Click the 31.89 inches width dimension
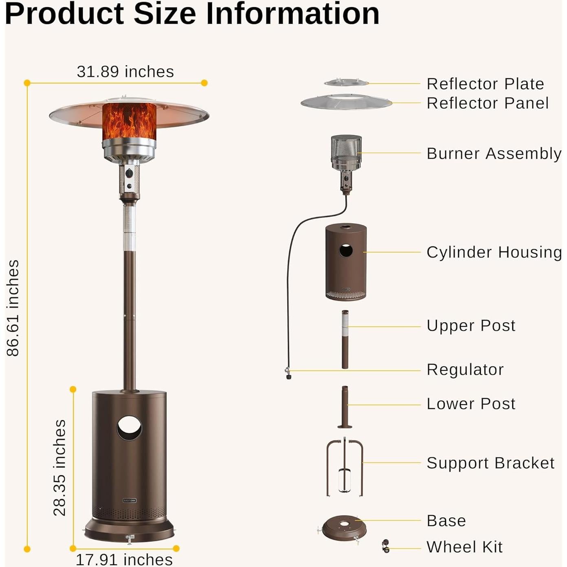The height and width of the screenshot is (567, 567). [125, 72]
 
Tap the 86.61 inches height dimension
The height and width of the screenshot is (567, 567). [13, 308]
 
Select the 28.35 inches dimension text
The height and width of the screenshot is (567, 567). [59, 468]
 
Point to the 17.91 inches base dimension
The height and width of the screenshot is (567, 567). [124, 559]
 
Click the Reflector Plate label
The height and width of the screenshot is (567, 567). [485, 84]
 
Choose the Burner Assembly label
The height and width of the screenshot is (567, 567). [494, 154]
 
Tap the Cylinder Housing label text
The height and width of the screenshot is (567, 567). [494, 252]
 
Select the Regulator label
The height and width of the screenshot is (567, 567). [465, 369]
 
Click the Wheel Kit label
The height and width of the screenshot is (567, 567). [464, 547]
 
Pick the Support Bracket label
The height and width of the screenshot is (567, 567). [490, 463]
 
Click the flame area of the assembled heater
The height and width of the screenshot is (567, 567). [129, 121]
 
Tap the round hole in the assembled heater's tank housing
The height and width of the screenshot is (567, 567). [129, 428]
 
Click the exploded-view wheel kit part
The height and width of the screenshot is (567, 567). [385, 546]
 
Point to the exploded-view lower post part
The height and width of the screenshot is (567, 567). [345, 407]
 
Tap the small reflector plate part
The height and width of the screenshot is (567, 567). [346, 83]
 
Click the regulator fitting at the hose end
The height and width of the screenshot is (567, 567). [288, 373]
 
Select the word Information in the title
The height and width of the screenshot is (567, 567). [292, 14]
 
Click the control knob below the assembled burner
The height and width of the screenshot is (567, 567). [130, 174]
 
